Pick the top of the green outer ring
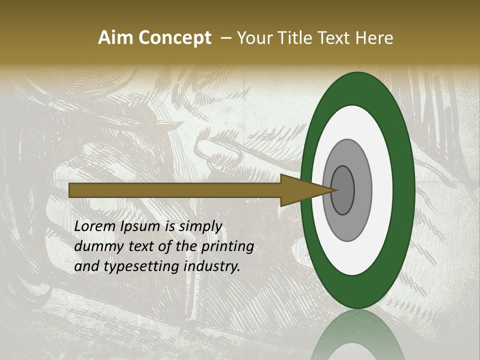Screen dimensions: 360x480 click(358, 80)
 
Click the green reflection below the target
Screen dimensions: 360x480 click(358, 335)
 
